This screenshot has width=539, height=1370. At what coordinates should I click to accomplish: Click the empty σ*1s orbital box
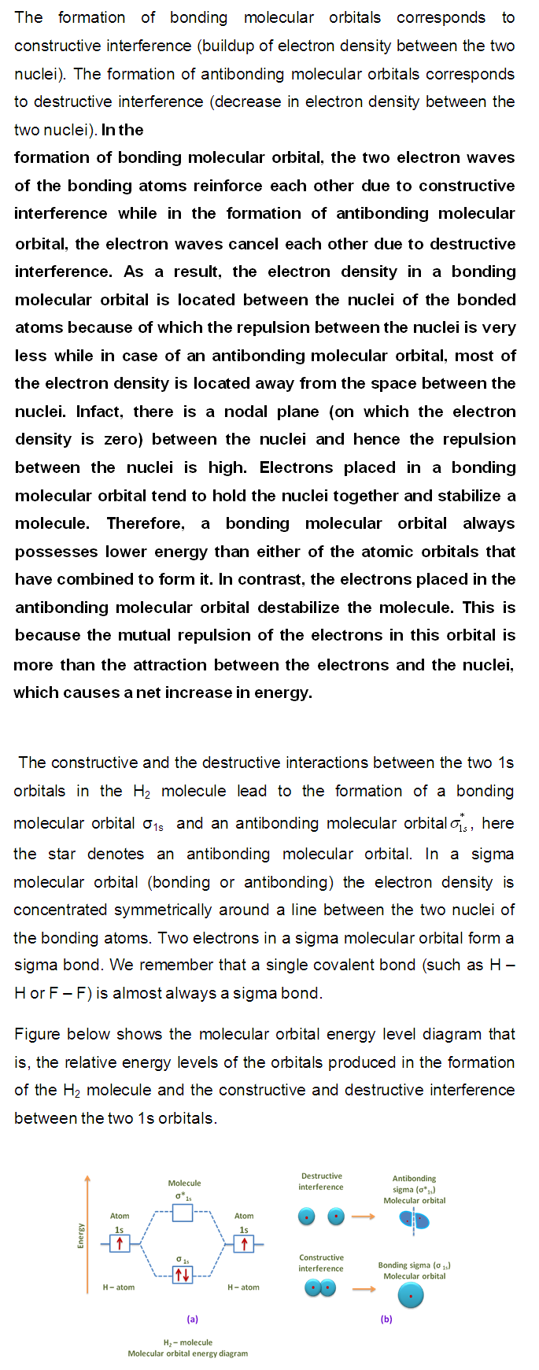[x=183, y=1213]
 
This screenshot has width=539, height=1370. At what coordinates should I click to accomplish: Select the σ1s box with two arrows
[x=183, y=1274]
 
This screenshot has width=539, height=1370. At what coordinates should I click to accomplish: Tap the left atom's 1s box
[x=120, y=1243]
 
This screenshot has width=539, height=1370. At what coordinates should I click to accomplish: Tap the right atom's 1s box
[x=244, y=1243]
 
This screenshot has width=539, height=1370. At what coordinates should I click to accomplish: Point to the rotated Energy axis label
[x=79, y=1235]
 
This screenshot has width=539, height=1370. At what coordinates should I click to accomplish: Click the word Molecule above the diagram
[x=184, y=1183]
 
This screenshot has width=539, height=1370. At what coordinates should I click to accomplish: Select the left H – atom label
[x=118, y=1287]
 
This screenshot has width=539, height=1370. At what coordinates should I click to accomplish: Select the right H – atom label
[x=243, y=1287]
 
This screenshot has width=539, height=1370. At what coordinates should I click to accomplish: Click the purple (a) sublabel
[x=192, y=1319]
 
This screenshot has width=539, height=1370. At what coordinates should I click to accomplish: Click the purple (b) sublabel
[x=386, y=1319]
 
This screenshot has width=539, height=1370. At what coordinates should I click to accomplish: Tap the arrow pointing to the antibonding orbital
[x=363, y=1217]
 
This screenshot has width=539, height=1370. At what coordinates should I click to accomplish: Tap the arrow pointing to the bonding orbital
[x=363, y=1289]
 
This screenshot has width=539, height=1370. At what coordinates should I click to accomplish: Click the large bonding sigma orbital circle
[x=411, y=1295]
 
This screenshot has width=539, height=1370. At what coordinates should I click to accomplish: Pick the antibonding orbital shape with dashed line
[x=415, y=1220]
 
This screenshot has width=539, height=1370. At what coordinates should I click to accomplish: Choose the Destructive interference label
[x=321, y=1181]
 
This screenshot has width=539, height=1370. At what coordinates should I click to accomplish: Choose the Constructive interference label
[x=321, y=1263]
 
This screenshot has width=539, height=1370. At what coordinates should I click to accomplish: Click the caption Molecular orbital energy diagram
[x=187, y=1353]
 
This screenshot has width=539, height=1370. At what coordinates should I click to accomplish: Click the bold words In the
[x=122, y=130]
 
